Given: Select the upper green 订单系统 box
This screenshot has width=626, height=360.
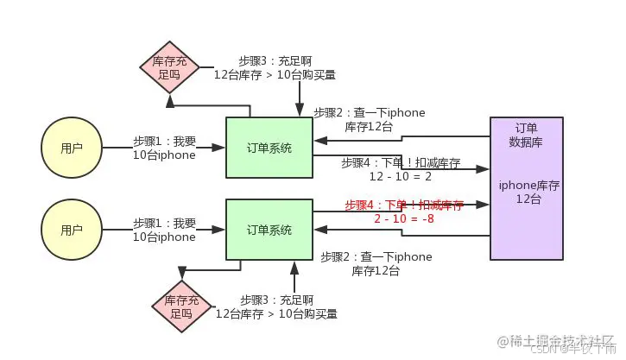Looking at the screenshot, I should tap(269, 148).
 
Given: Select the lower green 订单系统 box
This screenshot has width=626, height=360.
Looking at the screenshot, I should tap(269, 230).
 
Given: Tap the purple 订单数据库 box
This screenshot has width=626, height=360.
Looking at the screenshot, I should tap(526, 188).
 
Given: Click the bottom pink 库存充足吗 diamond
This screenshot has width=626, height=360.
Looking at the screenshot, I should tap(180, 306).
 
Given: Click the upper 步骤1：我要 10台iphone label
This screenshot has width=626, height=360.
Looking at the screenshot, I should tap(164, 148).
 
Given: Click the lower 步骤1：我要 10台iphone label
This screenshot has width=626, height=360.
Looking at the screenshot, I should tap(164, 230).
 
